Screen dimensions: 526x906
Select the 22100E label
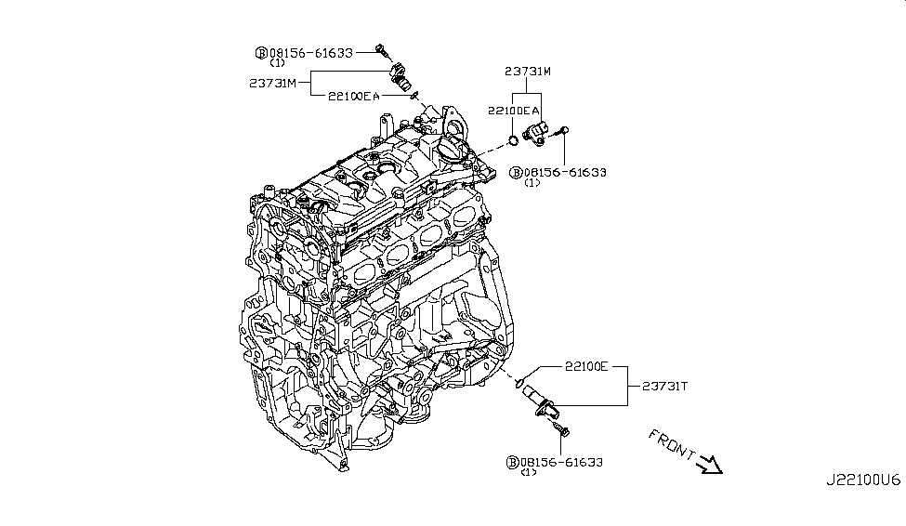pos(584,367)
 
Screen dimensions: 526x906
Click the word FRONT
pos(671,443)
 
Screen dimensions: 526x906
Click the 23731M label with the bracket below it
pos(528,71)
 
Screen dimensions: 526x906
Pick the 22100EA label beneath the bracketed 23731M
pos(511,111)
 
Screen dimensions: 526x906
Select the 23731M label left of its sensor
pos(272,83)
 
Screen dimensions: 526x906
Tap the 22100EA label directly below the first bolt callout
pos(352,95)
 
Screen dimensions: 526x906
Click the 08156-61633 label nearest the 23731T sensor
pos(562,462)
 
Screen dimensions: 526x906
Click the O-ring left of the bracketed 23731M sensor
pos(512,141)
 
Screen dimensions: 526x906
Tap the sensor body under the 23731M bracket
pos(538,132)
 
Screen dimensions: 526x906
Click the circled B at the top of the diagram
pos(262,53)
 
